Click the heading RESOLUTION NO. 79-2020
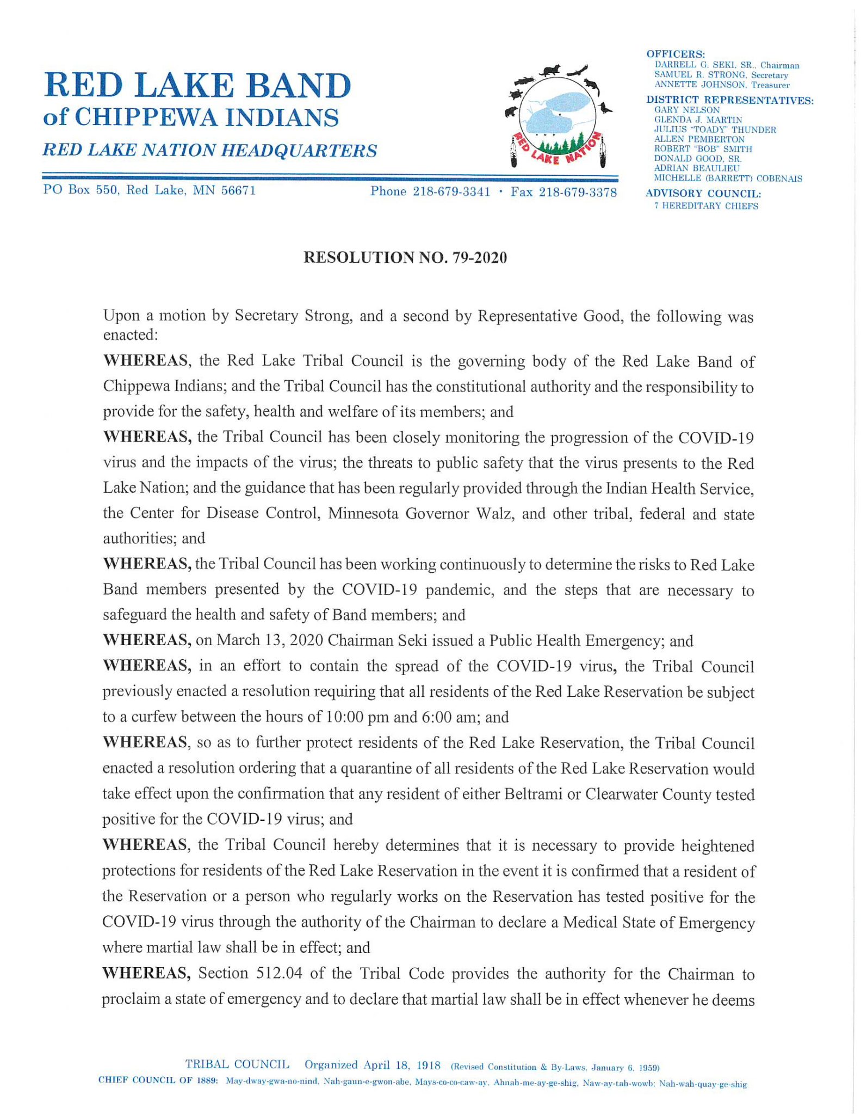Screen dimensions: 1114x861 (405, 257)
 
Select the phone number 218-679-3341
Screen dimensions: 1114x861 (451, 191)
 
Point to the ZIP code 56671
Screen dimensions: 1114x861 (238, 190)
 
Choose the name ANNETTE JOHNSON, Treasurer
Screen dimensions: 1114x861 (722, 85)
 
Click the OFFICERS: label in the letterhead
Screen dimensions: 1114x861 (676, 54)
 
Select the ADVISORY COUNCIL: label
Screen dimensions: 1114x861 (703, 194)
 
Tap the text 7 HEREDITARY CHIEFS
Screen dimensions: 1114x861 (706, 206)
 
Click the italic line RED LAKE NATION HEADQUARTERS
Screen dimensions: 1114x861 (210, 151)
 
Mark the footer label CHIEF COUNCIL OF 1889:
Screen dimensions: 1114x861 (158, 1080)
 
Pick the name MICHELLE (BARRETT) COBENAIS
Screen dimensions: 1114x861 (728, 178)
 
